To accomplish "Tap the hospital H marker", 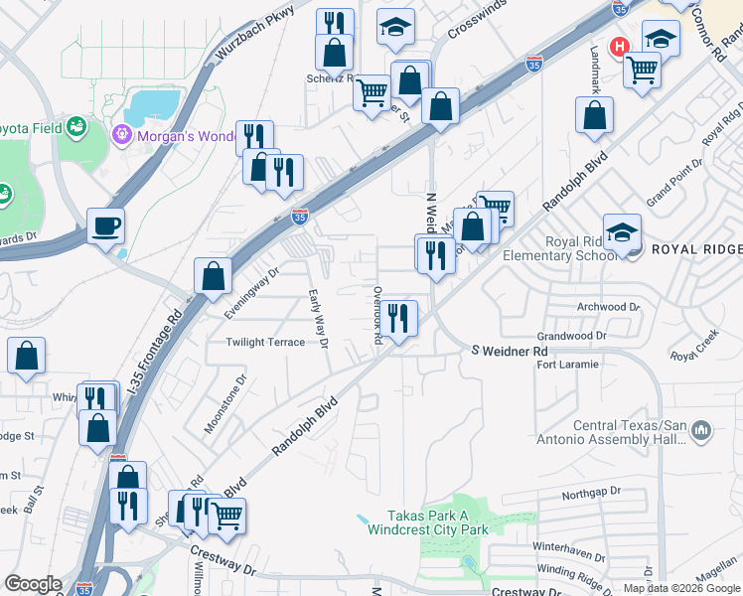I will pyautogui.click(x=620, y=47).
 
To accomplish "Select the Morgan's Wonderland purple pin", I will pyautogui.click(x=122, y=132).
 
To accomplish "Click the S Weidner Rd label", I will pyautogui.click(x=509, y=351).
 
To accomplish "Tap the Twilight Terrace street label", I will pyautogui.click(x=264, y=342).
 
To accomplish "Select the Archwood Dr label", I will pyautogui.click(x=608, y=307).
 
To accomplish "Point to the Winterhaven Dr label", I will pyautogui.click(x=568, y=546).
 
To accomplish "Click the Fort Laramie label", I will pyautogui.click(x=567, y=365).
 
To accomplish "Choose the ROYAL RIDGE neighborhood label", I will pyautogui.click(x=695, y=249).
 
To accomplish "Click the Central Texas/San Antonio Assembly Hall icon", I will pyautogui.click(x=702, y=430).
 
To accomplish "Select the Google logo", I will pyautogui.click(x=33, y=584).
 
